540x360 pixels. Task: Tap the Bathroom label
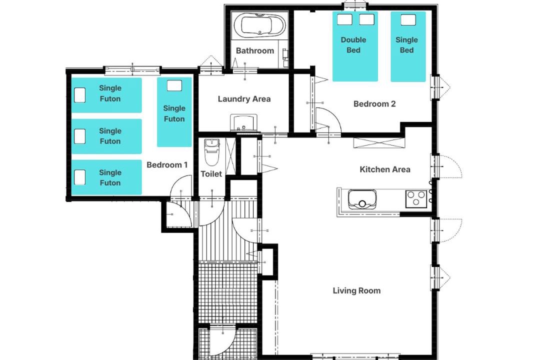(x=255, y=50)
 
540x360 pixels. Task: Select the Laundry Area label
(x=244, y=99)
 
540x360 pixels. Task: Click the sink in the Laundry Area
(x=243, y=123)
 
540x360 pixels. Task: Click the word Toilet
(x=211, y=174)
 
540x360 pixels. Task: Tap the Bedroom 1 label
(x=167, y=165)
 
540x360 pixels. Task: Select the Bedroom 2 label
(x=374, y=103)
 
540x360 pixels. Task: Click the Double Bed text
(x=353, y=45)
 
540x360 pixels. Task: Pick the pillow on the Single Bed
(x=408, y=19)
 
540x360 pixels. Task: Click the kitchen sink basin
(x=362, y=199)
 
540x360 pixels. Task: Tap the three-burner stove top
(x=416, y=199)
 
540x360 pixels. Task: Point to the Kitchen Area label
(x=385, y=169)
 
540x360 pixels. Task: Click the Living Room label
(x=357, y=291)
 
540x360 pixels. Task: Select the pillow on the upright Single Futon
(x=174, y=86)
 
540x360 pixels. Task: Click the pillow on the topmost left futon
(x=80, y=95)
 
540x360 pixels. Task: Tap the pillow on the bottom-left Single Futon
(x=80, y=177)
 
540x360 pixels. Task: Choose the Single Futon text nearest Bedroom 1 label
(x=110, y=178)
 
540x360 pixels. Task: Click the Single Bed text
(x=406, y=45)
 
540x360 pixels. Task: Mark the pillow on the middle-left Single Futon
(x=80, y=136)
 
